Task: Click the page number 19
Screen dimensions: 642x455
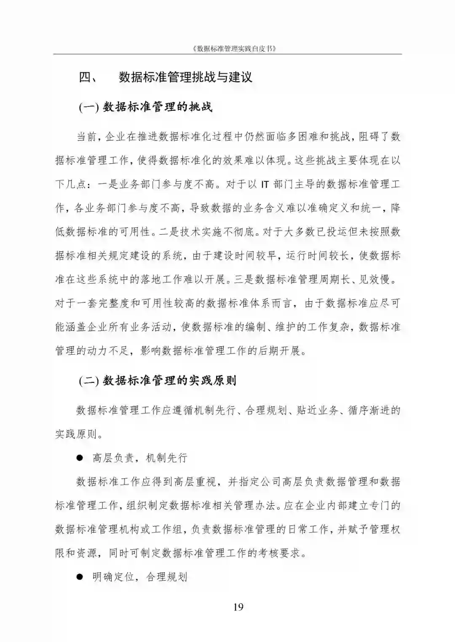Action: point(238,607)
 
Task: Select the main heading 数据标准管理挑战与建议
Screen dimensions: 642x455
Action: point(185,78)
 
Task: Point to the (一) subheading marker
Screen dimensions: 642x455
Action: point(88,107)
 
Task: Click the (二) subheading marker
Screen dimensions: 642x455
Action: point(88,381)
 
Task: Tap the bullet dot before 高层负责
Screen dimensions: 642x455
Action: point(79,458)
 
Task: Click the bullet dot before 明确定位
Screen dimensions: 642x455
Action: point(79,576)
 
